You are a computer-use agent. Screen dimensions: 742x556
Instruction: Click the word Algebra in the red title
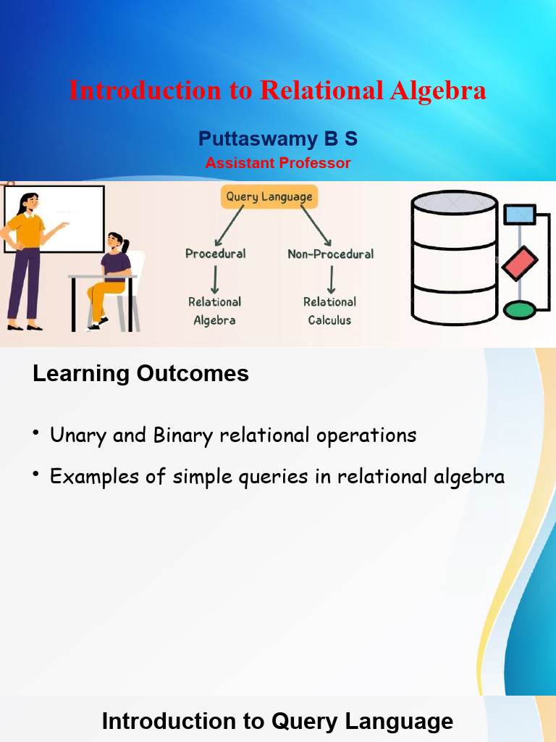click(x=438, y=91)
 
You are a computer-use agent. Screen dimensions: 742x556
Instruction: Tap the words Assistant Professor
click(x=277, y=163)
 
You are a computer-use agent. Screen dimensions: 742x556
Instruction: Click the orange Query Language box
click(x=269, y=196)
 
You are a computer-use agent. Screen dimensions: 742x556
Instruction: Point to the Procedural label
click(x=215, y=254)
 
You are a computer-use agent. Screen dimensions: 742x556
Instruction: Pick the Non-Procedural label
click(x=330, y=254)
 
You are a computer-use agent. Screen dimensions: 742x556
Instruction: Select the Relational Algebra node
click(x=214, y=311)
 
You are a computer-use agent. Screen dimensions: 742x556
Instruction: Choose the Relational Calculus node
click(x=329, y=311)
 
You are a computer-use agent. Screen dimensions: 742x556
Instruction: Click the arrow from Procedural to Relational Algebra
click(x=215, y=278)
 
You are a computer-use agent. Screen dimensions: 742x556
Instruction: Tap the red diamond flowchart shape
click(x=520, y=263)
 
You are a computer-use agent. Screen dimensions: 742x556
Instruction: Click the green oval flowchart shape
click(x=519, y=310)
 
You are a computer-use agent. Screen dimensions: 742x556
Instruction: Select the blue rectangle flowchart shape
click(x=519, y=214)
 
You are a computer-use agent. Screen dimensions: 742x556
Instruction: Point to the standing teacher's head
click(x=28, y=202)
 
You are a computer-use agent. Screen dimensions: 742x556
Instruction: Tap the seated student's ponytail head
click(x=117, y=242)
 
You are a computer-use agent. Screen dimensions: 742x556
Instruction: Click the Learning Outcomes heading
click(x=140, y=374)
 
